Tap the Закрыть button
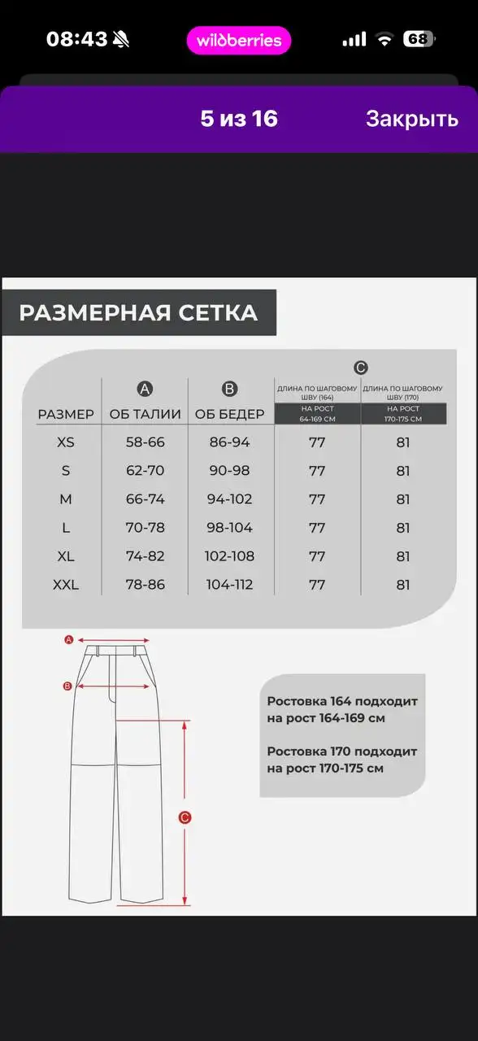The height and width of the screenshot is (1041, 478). pos(411,119)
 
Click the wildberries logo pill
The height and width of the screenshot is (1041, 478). pos(239,41)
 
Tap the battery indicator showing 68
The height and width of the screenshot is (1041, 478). pos(419,39)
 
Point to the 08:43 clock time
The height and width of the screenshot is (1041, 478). pos(77,39)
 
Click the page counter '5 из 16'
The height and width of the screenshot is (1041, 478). pos(239,119)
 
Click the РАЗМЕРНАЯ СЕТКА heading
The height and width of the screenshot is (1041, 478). pos(138,313)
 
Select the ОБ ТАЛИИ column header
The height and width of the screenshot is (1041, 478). pos(146,414)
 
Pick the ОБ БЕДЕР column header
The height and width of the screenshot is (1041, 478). pos(230,414)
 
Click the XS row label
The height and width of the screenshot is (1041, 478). pos(66,442)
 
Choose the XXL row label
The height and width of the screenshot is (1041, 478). pos(66,585)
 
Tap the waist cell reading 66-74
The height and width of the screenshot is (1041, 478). pos(146,499)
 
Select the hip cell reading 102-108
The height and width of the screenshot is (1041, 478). pos(230,556)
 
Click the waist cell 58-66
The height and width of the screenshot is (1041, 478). pos(146,442)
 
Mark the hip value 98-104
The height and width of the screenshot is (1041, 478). pos(230,528)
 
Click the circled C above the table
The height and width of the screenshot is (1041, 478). pos(361,368)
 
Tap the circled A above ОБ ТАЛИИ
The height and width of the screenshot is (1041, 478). pos(146,388)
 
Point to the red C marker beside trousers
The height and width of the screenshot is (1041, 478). pos(185,818)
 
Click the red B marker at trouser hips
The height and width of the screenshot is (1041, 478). pos(68,686)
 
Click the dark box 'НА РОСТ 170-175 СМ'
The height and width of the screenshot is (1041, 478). pos(403,414)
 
